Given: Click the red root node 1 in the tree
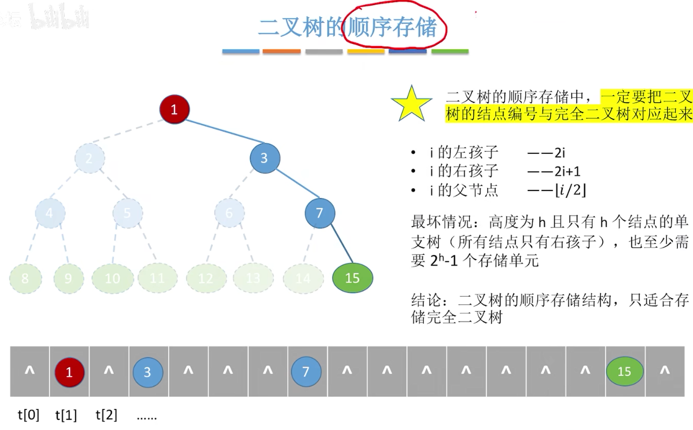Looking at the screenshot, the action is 174,109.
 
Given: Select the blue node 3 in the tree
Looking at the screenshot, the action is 265,158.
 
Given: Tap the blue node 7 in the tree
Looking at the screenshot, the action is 320,213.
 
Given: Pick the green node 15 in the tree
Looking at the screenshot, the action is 352,278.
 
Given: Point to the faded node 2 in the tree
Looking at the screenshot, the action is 90,158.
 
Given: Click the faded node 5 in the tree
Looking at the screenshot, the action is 127,213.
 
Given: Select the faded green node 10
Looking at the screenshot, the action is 112,278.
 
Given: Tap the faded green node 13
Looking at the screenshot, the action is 253,278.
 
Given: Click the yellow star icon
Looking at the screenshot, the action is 411,104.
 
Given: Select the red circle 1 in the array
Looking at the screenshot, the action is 70,372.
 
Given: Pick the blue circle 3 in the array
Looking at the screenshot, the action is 148,372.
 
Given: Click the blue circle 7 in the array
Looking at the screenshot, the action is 307,372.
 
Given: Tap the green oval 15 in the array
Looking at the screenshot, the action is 624,372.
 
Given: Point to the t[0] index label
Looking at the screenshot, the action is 28,415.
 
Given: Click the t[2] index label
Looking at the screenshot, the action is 106,415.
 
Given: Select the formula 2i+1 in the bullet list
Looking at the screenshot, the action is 567,171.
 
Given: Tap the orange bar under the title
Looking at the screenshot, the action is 282,51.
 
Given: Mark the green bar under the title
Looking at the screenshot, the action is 449,51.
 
